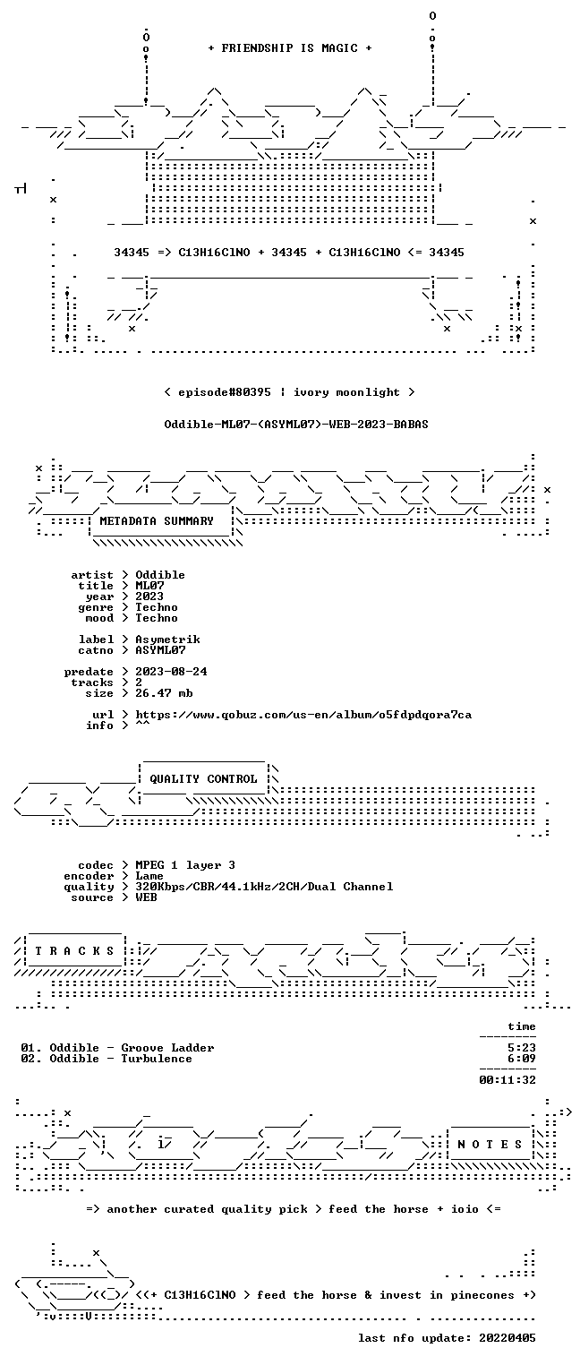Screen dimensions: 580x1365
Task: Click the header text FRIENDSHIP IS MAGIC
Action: point(289,48)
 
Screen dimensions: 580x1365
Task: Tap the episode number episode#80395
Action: point(224,392)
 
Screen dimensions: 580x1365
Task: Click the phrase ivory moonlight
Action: point(346,392)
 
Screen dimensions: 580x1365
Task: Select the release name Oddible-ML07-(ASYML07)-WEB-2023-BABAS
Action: point(296,425)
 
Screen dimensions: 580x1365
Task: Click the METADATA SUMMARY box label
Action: point(157,521)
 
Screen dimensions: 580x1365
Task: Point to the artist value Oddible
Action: point(160,575)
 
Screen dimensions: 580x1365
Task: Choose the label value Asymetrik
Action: point(167,640)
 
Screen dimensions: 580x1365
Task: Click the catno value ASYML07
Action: point(160,650)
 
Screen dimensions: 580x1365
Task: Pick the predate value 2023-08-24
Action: point(171,672)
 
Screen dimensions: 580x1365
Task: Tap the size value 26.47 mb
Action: point(164,693)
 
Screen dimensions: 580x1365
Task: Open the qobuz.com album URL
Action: point(303,715)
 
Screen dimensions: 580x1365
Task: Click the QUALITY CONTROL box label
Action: point(203,778)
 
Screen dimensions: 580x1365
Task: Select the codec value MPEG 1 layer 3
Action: point(185,865)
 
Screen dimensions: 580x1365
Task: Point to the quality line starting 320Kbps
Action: point(264,887)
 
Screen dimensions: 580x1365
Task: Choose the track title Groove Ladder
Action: point(167,1048)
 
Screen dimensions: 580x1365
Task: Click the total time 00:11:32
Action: point(507,1080)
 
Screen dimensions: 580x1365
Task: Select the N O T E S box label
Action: point(490,1145)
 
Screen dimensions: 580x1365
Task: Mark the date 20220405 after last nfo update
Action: point(507,1338)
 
